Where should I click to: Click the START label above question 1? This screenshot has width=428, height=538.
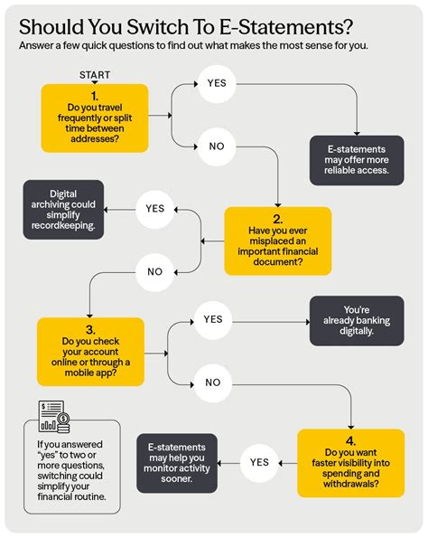tap(95, 75)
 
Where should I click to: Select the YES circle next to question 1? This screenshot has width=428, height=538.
tap(217, 83)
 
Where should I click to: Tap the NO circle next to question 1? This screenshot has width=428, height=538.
tap(217, 146)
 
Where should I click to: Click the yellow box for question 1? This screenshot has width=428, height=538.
tap(95, 118)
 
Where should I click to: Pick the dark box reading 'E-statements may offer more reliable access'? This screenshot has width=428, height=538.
tap(357, 160)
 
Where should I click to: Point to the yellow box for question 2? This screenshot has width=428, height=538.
tap(278, 241)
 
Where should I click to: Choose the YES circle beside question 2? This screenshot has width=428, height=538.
tap(155, 209)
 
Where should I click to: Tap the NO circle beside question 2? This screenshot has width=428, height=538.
tap(155, 272)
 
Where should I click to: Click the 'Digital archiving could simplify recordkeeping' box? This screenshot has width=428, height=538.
tap(63, 210)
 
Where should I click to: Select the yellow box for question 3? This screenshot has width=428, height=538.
tap(90, 352)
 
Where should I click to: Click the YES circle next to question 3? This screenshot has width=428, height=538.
tap(213, 320)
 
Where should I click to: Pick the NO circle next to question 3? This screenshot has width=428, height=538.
tap(213, 382)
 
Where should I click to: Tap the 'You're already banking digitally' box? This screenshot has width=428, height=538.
tap(357, 321)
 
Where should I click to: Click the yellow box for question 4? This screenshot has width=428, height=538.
tap(351, 463)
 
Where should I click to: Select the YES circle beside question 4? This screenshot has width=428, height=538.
tap(259, 463)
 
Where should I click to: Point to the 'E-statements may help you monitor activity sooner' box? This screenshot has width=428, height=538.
tap(177, 463)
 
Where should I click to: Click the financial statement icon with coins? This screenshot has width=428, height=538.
tap(54, 416)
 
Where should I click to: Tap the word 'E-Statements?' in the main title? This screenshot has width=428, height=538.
tap(286, 27)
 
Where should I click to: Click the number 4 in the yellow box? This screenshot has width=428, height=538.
tap(350, 441)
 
